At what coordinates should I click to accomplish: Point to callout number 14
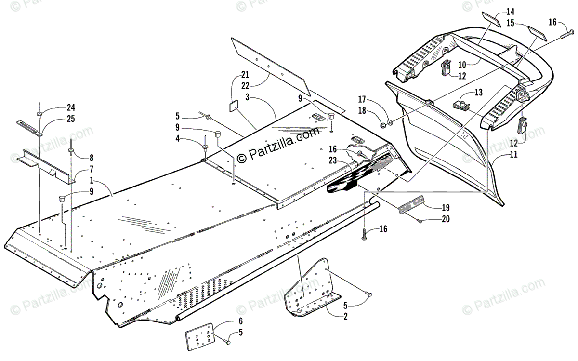pyautogui.click(x=511, y=11)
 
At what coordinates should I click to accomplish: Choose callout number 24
pyautogui.click(x=71, y=107)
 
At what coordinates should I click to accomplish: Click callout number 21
pyautogui.click(x=246, y=75)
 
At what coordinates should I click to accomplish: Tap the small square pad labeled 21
pyautogui.click(x=234, y=105)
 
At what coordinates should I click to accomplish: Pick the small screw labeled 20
pyautogui.click(x=419, y=221)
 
